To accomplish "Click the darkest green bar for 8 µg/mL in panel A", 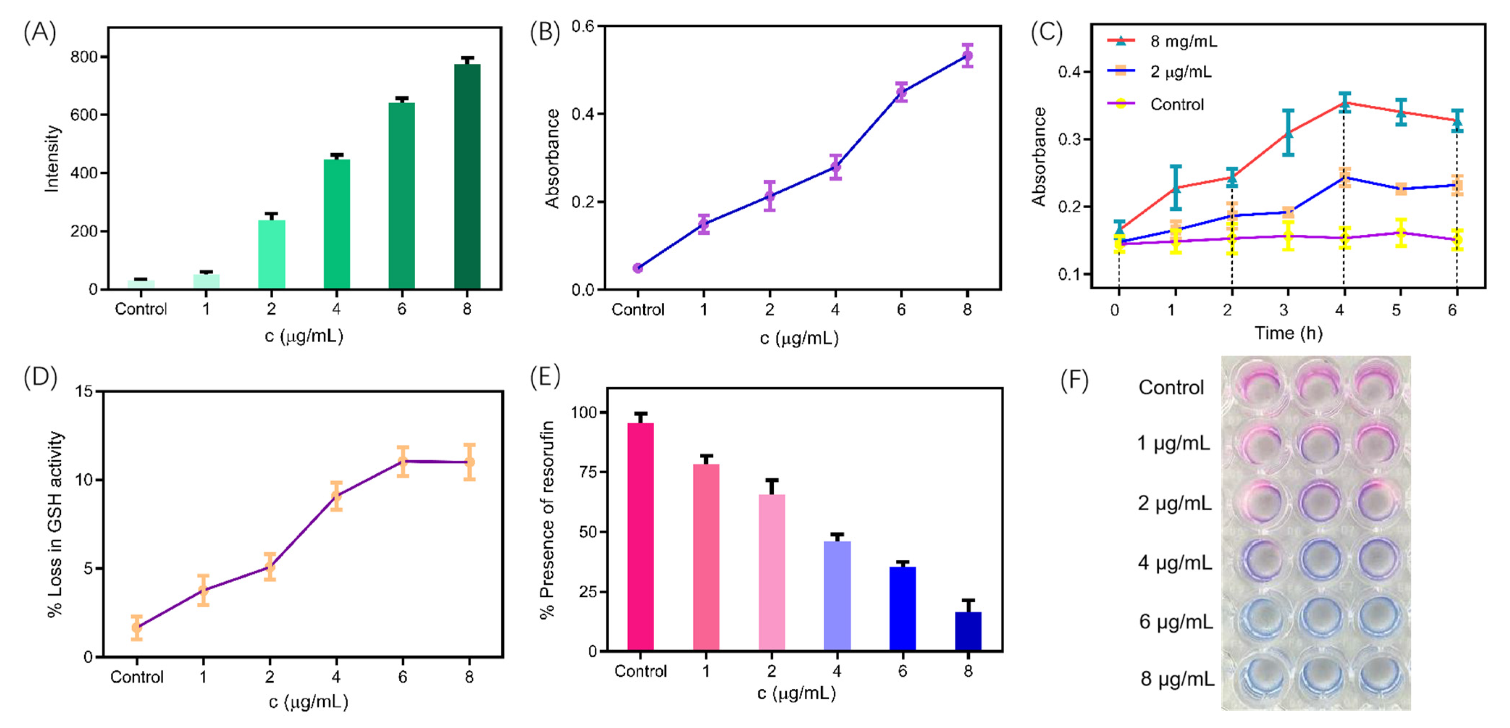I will (x=467, y=176).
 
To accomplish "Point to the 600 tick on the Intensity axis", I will (x=84, y=115).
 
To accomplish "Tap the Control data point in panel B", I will (x=638, y=268).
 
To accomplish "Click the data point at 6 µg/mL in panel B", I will (x=901, y=92).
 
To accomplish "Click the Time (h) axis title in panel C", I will (x=1288, y=333).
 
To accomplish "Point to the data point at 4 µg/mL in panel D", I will (x=336, y=496).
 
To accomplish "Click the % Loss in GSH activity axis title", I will (x=55, y=524).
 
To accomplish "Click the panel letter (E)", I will (x=544, y=376).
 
